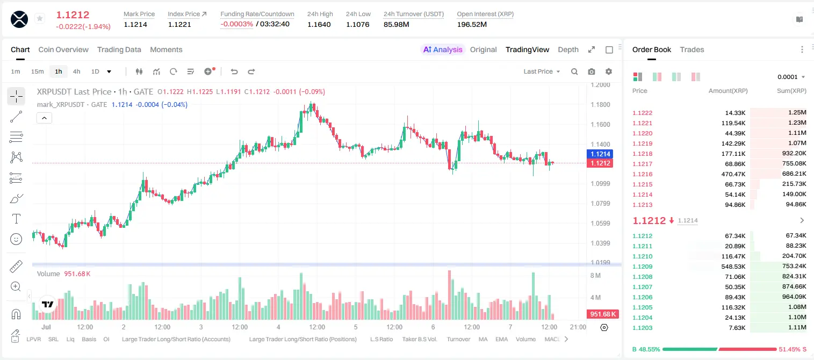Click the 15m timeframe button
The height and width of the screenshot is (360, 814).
tap(37, 71)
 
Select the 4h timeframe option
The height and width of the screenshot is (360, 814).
tap(76, 71)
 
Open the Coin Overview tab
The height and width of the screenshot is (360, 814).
tap(63, 49)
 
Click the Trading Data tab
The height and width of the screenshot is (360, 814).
tap(119, 49)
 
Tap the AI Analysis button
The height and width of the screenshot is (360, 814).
tap(443, 49)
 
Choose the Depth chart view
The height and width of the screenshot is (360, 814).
tap(568, 49)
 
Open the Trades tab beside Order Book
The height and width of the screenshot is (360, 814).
tap(691, 49)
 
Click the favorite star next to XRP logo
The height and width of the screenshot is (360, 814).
tap(40, 18)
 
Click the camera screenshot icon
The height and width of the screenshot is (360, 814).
tap(591, 71)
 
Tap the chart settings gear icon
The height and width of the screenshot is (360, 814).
tap(609, 71)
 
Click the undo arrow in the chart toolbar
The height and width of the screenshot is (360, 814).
tap(234, 71)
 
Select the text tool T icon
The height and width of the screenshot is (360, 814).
tap(16, 219)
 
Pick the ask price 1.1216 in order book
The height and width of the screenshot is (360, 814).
tap(642, 174)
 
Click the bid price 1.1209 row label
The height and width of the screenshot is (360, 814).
tap(642, 267)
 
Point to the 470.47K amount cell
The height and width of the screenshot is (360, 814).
tap(733, 174)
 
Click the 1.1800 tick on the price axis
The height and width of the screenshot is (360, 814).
tap(600, 105)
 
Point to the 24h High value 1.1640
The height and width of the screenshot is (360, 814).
tap(319, 24)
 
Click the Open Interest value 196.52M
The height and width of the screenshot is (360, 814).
tap(472, 24)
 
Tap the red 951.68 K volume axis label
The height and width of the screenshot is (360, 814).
tap(602, 314)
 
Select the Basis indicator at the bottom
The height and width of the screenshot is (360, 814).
tap(89, 339)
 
